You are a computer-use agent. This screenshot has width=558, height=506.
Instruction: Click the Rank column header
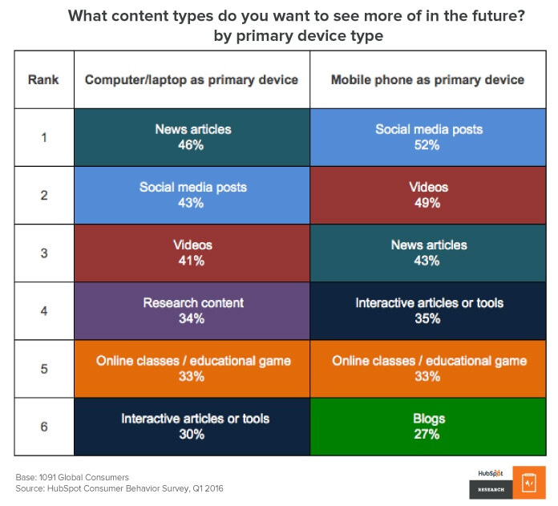click(x=43, y=79)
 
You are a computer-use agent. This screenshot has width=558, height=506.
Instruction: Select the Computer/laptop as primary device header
click(x=192, y=79)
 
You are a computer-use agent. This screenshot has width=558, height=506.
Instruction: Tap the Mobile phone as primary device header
click(x=428, y=79)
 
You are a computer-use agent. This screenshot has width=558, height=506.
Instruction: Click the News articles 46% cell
click(x=192, y=137)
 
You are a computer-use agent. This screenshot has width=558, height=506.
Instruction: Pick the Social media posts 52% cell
click(x=428, y=137)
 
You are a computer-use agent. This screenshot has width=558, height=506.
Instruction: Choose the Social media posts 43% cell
click(x=192, y=195)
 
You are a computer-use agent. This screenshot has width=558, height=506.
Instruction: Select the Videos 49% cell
click(x=428, y=195)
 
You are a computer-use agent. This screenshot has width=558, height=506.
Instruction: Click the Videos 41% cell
click(x=192, y=253)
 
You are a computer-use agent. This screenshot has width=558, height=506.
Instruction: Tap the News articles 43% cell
click(x=428, y=253)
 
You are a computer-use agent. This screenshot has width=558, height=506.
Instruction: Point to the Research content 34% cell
click(x=192, y=310)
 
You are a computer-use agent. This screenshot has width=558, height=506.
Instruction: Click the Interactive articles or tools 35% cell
click(x=428, y=310)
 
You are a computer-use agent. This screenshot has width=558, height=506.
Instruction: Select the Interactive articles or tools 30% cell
click(x=192, y=427)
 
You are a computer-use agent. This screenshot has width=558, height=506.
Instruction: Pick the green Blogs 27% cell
click(x=428, y=427)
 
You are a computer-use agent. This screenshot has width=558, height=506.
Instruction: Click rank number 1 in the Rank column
click(x=44, y=137)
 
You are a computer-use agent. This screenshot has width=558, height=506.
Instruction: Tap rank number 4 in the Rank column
click(x=44, y=311)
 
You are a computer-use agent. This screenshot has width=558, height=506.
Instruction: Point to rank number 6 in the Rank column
click(x=44, y=427)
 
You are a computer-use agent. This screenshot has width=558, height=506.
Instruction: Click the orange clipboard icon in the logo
click(x=529, y=483)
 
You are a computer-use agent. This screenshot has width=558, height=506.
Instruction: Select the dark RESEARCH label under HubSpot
click(x=491, y=490)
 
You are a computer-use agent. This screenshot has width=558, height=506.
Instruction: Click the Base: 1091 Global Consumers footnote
click(x=72, y=477)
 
